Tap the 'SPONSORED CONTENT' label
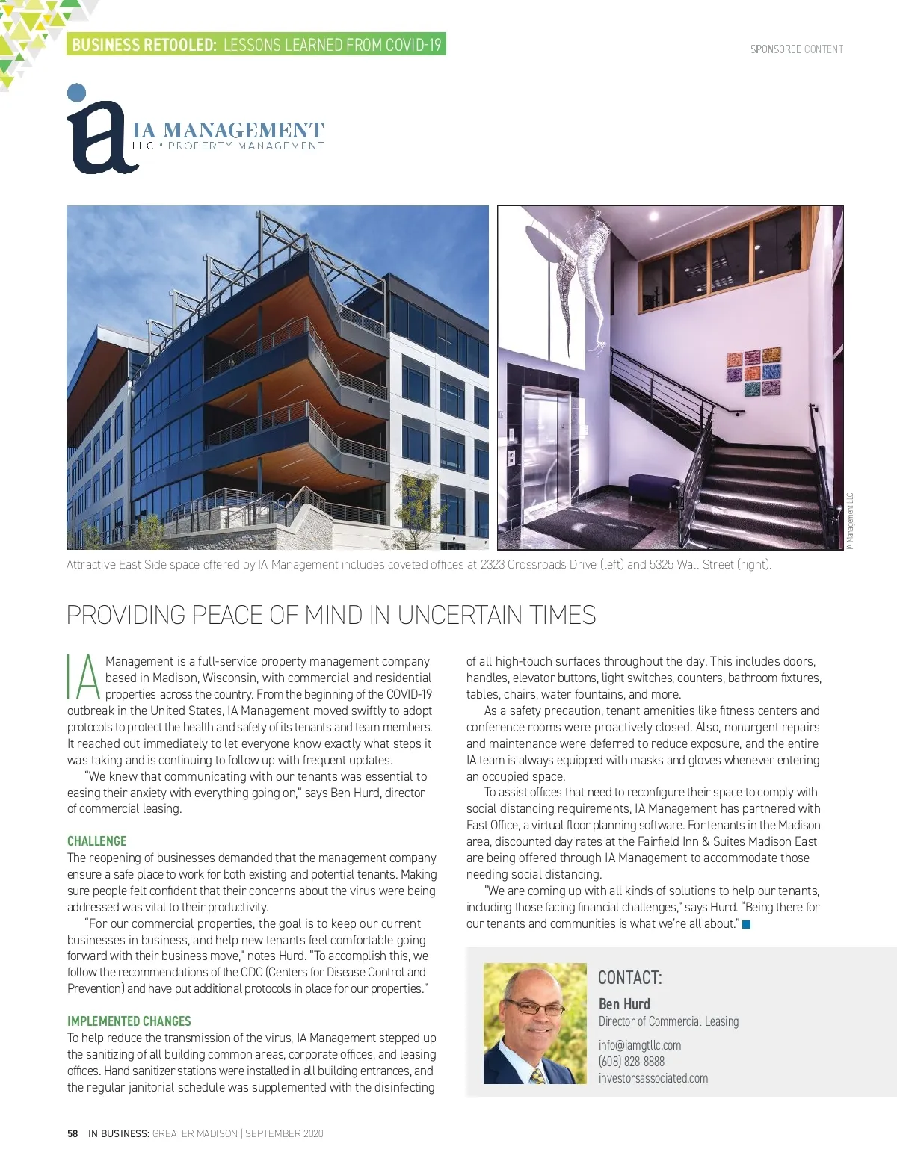796,49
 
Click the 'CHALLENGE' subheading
96,841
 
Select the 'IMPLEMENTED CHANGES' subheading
129,1021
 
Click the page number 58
73,1133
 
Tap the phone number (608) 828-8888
631,1062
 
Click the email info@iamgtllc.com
639,1045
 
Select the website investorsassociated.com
653,1078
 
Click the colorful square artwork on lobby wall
753,373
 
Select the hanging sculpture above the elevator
579,276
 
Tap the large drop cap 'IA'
83,677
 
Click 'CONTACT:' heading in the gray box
629,978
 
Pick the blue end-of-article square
746,925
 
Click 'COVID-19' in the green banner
413,45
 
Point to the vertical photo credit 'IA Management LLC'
850,521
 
